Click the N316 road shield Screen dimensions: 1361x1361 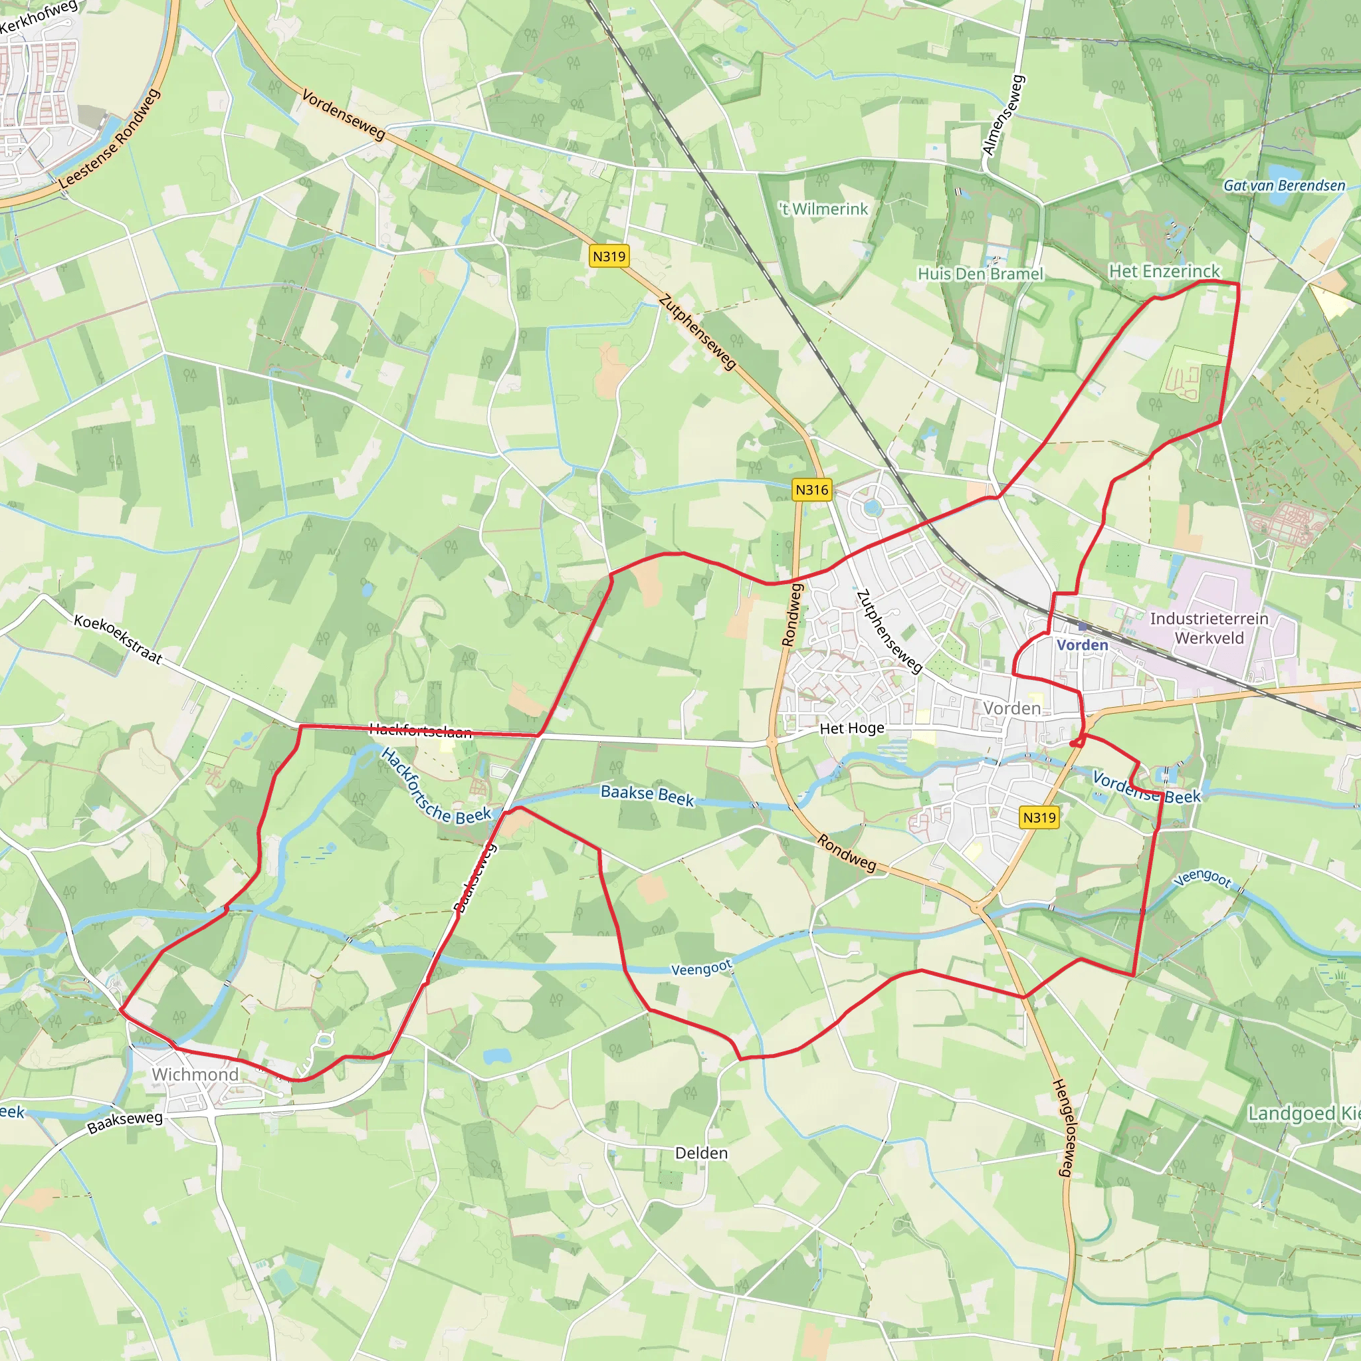coord(811,490)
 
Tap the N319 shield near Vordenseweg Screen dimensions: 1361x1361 coord(609,257)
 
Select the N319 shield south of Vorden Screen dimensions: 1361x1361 coord(1039,817)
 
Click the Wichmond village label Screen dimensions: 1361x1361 coord(195,1075)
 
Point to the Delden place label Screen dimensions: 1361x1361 coord(701,1153)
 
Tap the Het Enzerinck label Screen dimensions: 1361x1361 coord(1164,271)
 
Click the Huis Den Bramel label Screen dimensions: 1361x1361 coord(980,273)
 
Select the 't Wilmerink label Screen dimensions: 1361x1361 coord(823,209)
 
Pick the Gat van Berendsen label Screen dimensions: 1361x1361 coord(1283,186)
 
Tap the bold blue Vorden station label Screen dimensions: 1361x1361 coord(1082,645)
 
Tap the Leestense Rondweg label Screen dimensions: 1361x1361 coord(109,139)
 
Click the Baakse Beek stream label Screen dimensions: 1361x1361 coord(647,795)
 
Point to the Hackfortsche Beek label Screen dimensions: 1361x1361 coord(435,786)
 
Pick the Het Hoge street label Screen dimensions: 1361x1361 coord(851,728)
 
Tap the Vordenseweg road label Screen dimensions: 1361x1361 coord(344,115)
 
